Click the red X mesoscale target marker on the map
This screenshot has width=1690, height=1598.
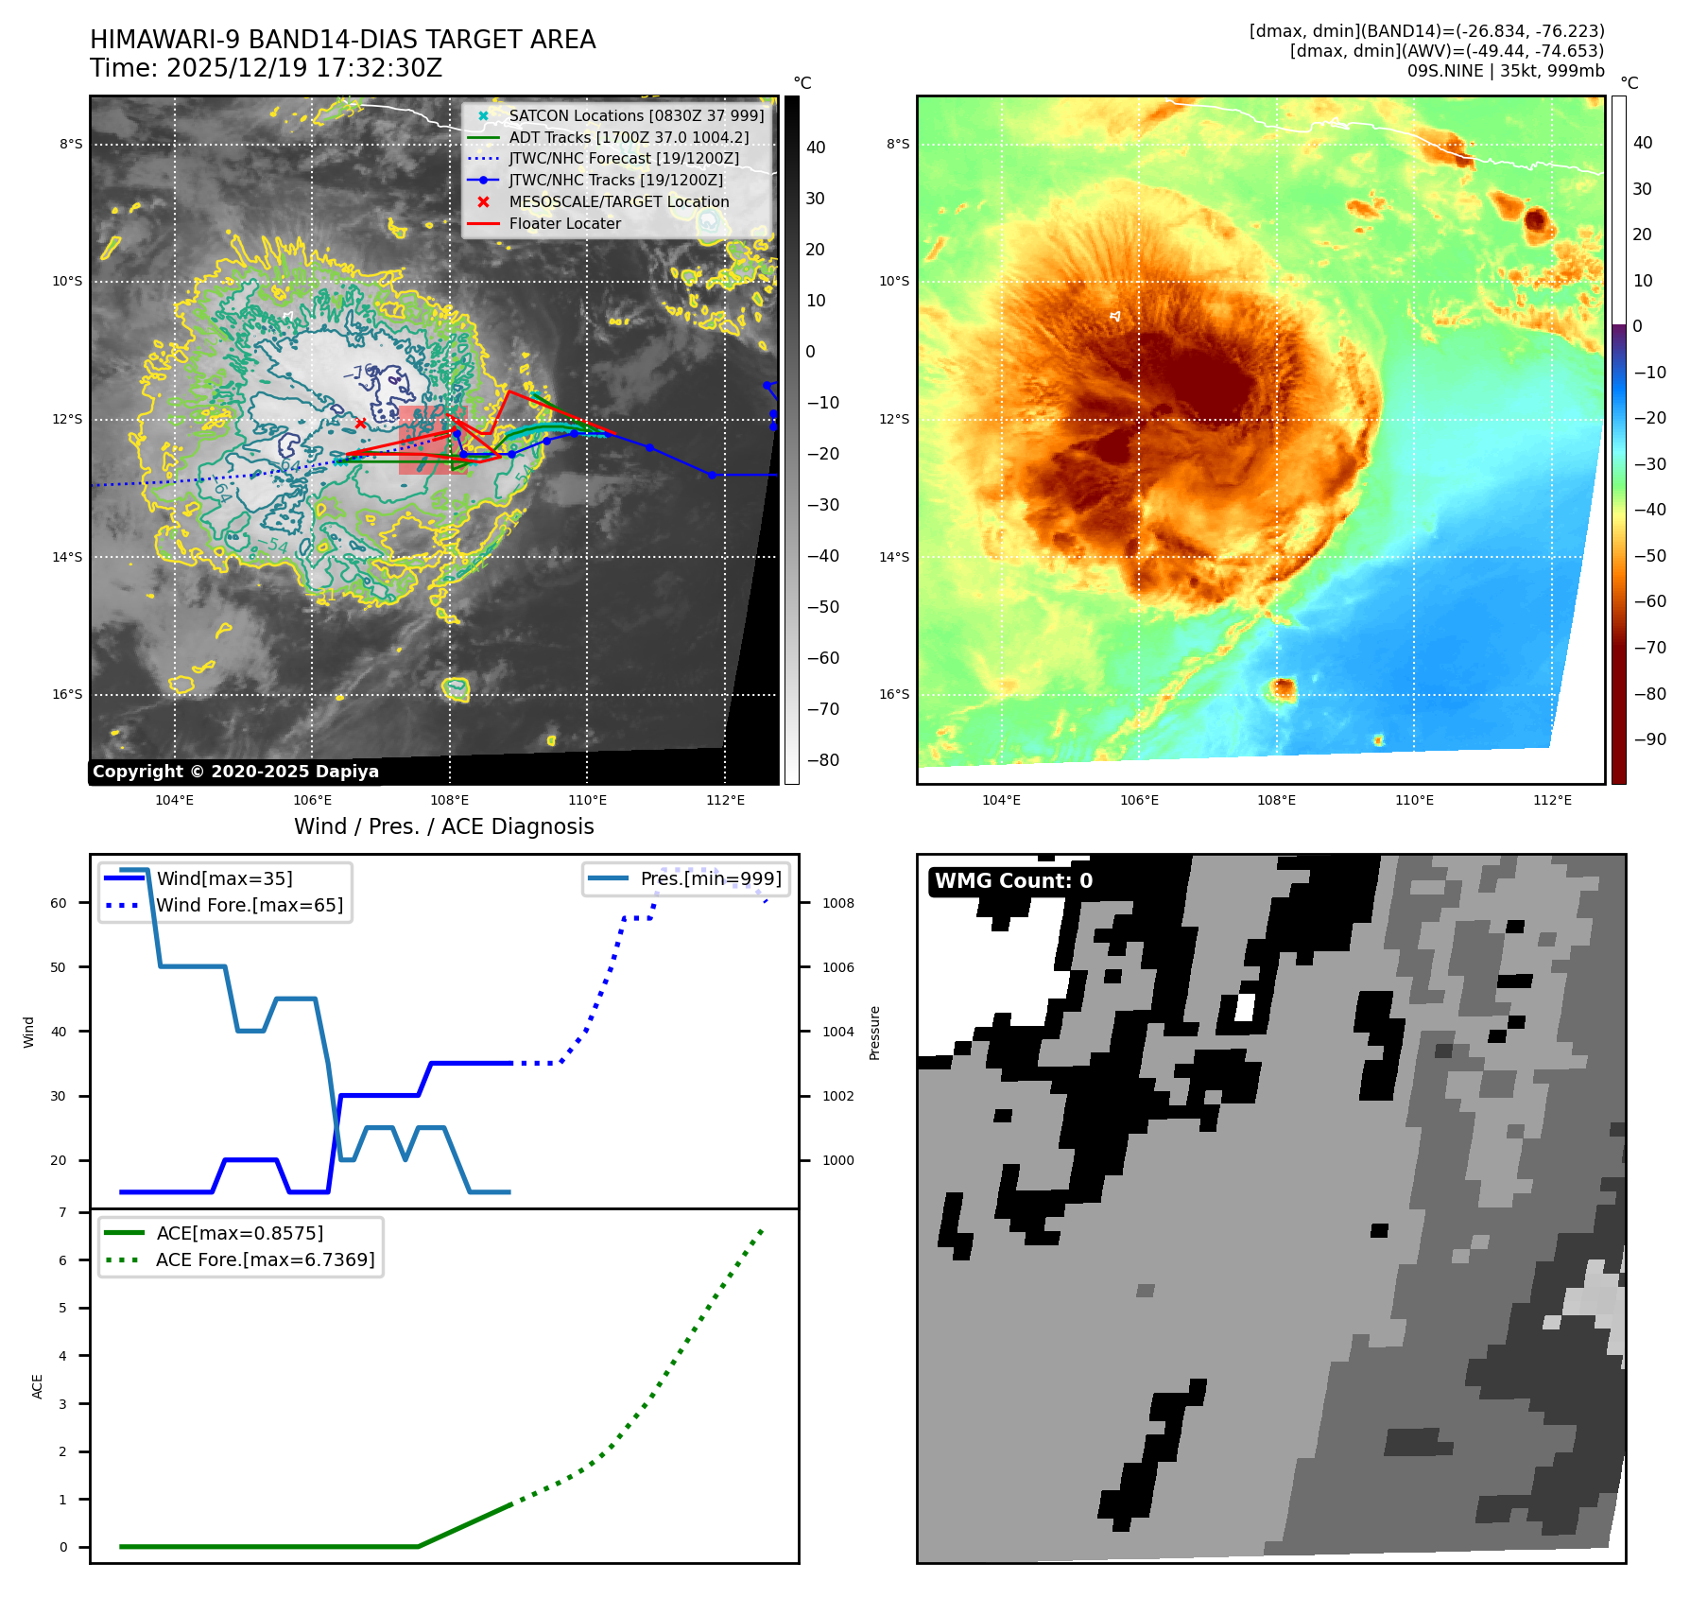click(x=360, y=423)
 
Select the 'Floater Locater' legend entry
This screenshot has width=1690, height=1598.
click(x=564, y=224)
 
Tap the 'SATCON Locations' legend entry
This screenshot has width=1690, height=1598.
click(x=636, y=116)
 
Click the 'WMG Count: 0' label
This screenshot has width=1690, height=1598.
click(x=1013, y=881)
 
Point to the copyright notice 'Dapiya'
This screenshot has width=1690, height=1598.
click(x=235, y=772)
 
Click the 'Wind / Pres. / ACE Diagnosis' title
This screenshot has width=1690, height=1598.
click(x=444, y=826)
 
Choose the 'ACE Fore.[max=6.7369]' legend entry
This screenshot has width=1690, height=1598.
click(x=265, y=1259)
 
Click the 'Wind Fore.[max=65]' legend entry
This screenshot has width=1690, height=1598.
click(x=250, y=906)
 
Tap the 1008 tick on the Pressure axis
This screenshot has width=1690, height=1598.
click(x=838, y=903)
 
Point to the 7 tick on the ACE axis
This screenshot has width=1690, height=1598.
click(x=63, y=1212)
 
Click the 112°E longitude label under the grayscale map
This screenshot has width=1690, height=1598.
click(x=725, y=800)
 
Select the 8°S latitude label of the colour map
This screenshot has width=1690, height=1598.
click(x=898, y=145)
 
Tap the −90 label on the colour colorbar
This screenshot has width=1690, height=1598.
click(x=1650, y=739)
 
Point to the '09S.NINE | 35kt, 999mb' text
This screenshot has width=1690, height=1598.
click(x=1506, y=71)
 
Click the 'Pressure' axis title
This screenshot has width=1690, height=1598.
click(x=875, y=1033)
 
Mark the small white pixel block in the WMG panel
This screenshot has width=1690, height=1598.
click(x=1245, y=1008)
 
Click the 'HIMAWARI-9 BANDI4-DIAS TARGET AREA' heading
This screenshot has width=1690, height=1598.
click(x=342, y=40)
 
